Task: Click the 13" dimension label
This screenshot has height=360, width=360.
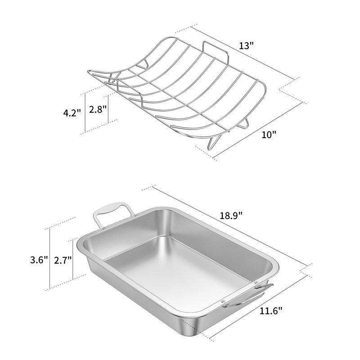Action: (247, 46)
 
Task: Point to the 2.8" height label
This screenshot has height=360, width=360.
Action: (98, 109)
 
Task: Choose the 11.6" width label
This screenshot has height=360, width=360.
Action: (272, 310)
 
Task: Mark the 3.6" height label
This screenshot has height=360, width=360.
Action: (39, 260)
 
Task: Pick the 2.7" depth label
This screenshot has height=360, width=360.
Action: (63, 260)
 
